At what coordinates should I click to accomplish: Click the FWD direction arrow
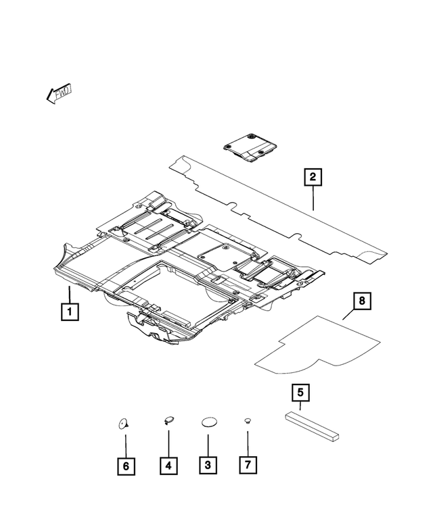coord(60,93)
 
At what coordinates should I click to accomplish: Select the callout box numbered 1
coord(68,312)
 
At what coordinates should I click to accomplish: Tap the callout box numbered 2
coord(313,178)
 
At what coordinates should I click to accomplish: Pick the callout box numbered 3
coord(208,466)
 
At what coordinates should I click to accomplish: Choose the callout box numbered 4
coord(168,466)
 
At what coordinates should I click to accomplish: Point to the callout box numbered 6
coord(126,466)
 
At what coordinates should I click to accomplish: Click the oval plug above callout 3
coord(208,422)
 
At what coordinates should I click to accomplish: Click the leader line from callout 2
coord(313,199)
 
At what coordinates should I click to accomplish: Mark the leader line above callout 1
coord(68,295)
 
